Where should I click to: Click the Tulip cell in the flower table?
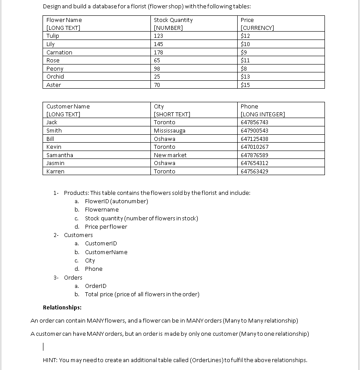[x=53, y=36]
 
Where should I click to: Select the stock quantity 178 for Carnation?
[x=158, y=52]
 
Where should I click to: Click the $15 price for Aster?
[x=245, y=85]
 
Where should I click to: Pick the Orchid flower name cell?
[x=55, y=76]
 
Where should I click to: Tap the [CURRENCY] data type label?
[x=257, y=28]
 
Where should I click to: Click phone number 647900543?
[x=254, y=130]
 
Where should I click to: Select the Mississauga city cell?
[x=169, y=130]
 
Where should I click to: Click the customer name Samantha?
[x=60, y=155]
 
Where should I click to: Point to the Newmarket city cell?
[x=170, y=155]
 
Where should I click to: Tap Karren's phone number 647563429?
[x=254, y=171]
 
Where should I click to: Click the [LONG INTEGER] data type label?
[x=263, y=114]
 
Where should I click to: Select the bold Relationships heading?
[x=62, y=307]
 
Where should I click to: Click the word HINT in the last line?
[x=50, y=360]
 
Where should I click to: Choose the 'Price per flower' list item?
[x=106, y=226]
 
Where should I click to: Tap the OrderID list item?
[x=96, y=286]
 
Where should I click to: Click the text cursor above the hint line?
[x=43, y=347]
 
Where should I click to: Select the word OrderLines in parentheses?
[x=206, y=360]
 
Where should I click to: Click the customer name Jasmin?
[x=55, y=163]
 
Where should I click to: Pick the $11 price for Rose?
[x=245, y=60]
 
